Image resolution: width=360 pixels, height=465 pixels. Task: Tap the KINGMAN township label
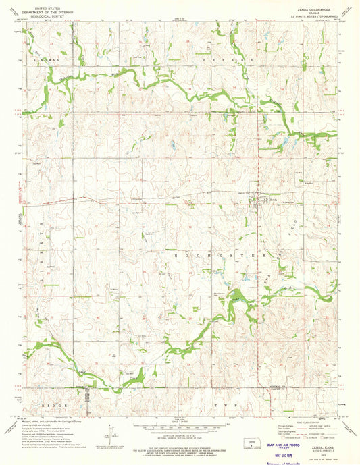tap(46, 61)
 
